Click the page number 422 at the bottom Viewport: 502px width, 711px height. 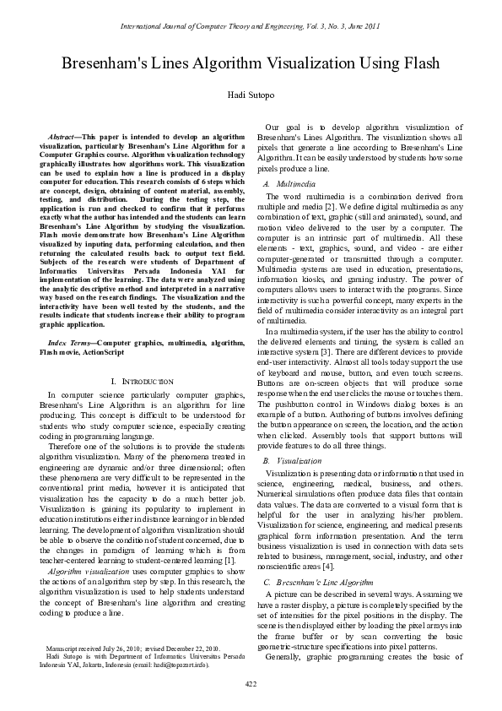251,682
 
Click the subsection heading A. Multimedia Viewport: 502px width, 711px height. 290,182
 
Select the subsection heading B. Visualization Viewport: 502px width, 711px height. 293,461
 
